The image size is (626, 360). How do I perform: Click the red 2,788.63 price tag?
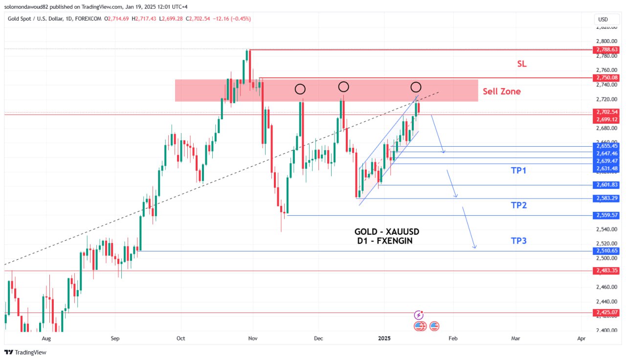tap(606, 49)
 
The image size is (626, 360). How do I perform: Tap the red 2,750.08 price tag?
tap(606, 78)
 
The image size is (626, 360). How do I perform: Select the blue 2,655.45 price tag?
tap(606, 146)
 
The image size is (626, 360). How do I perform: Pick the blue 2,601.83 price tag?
tap(606, 185)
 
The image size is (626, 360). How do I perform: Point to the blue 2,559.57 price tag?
tap(606, 215)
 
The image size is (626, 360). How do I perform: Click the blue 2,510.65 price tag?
tap(606, 251)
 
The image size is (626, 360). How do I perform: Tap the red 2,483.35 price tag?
tap(606, 270)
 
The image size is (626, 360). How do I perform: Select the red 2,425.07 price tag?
tap(606, 313)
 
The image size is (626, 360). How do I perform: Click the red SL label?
tap(522, 64)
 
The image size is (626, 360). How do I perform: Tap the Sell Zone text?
tap(502, 91)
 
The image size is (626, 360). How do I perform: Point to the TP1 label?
tap(518, 170)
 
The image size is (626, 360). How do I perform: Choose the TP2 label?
tap(518, 205)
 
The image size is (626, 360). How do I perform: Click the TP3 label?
tap(518, 241)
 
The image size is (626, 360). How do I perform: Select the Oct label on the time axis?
tap(181, 338)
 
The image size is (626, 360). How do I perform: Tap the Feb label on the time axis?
tap(453, 338)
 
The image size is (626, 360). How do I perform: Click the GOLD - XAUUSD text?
tap(387, 231)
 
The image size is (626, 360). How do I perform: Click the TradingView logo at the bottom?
tap(25, 352)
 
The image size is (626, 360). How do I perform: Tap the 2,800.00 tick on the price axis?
tap(606, 41)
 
